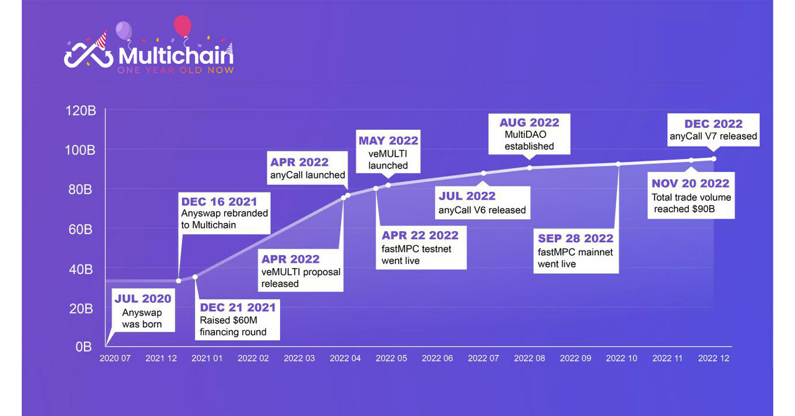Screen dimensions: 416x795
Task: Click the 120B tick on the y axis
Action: [x=81, y=111]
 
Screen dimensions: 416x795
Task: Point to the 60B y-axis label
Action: [x=79, y=229]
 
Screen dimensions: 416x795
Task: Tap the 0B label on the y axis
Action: [x=84, y=346]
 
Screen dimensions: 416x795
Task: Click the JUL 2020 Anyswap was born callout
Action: [x=142, y=311]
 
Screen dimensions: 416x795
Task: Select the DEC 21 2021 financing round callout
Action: [x=237, y=319]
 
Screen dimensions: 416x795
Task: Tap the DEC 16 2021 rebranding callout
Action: [x=225, y=212]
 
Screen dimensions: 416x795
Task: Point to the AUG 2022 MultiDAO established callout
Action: [x=529, y=133]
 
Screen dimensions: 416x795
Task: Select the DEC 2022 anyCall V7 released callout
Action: [x=713, y=130]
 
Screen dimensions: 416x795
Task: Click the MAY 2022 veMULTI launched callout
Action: [x=388, y=152]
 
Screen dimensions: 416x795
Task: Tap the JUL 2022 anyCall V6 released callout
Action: [x=483, y=202]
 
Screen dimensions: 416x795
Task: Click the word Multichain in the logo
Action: [x=176, y=56]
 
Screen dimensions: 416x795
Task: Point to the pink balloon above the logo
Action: [x=182, y=25]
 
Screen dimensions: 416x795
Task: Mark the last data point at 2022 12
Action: [x=714, y=159]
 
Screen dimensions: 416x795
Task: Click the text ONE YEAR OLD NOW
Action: [x=176, y=70]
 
